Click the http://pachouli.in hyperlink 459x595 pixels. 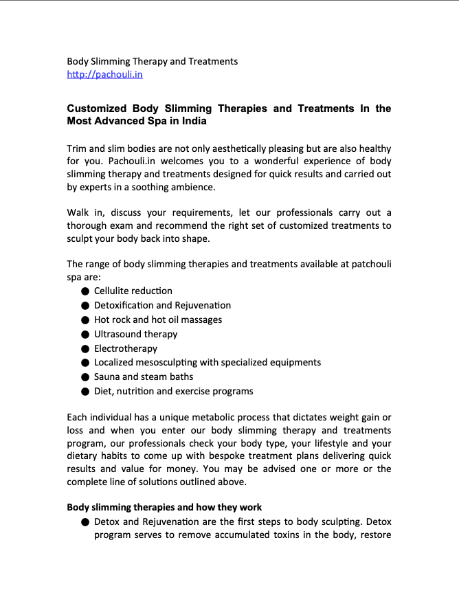point(104,74)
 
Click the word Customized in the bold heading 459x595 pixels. point(97,109)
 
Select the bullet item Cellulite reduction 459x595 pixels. point(133,291)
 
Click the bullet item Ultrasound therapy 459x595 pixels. point(135,334)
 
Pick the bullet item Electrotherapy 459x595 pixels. point(126,348)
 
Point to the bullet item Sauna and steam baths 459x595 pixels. point(144,377)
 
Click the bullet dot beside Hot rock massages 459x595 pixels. point(85,320)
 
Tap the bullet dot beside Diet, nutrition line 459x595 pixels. point(85,392)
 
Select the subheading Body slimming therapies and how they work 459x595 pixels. point(164,507)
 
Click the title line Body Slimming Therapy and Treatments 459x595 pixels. point(152,61)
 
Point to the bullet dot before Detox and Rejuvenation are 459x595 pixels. point(85,522)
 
